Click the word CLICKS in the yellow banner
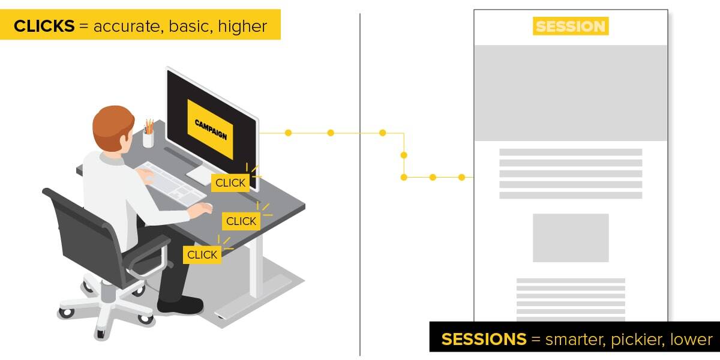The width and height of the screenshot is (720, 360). pyautogui.click(x=44, y=26)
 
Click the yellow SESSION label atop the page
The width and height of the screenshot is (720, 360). pyautogui.click(x=571, y=26)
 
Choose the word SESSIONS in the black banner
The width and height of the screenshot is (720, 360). pyautogui.click(x=484, y=339)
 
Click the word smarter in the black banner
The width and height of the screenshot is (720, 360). pyautogui.click(x=575, y=340)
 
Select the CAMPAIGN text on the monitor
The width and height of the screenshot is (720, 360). pyautogui.click(x=211, y=130)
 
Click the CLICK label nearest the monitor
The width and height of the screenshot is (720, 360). pyautogui.click(x=230, y=183)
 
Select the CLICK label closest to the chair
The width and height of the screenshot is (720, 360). pyautogui.click(x=202, y=254)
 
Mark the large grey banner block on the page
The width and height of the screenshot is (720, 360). pyautogui.click(x=571, y=92)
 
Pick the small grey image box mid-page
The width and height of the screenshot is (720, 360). pyautogui.click(x=571, y=238)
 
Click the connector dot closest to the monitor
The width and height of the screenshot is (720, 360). pyautogui.click(x=288, y=133)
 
